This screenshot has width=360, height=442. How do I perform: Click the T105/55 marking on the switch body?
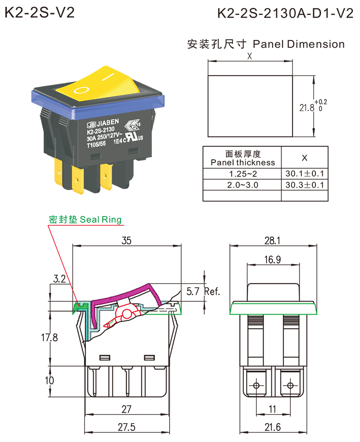click(96, 144)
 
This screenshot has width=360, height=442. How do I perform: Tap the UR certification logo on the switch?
click(133, 137)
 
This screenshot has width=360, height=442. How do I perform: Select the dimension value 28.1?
click(273, 241)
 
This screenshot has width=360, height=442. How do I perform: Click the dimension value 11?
click(273, 408)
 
